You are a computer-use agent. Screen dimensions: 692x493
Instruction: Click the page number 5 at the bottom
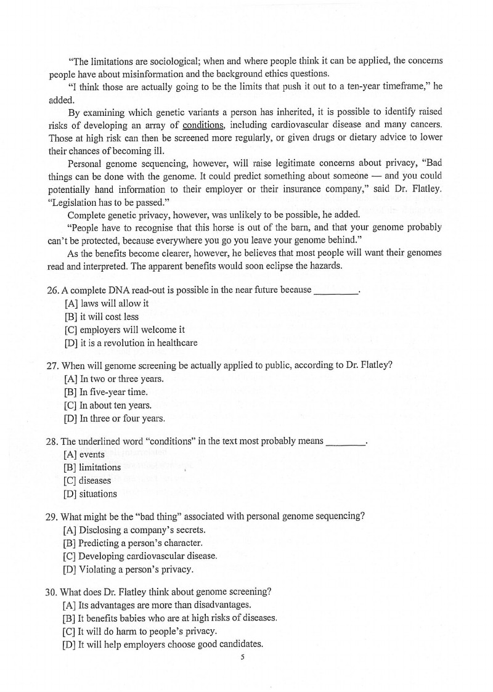pyautogui.click(x=243, y=657)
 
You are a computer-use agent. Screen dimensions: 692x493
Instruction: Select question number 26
pyautogui.click(x=52, y=290)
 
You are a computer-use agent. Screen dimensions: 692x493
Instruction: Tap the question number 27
pyautogui.click(x=52, y=365)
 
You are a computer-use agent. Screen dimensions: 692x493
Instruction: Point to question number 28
pyautogui.click(x=52, y=441)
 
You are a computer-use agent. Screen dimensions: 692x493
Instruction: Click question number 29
pyautogui.click(x=52, y=517)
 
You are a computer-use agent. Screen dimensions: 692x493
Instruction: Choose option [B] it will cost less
pyautogui.click(x=102, y=317)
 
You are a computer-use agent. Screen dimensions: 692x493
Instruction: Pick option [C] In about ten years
pyautogui.click(x=107, y=405)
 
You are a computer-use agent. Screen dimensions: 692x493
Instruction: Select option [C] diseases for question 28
pyautogui.click(x=88, y=481)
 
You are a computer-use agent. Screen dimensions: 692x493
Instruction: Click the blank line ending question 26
pyautogui.click(x=336, y=291)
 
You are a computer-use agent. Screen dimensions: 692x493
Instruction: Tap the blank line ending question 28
pyautogui.click(x=344, y=442)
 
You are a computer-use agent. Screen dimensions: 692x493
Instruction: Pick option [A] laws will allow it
pyautogui.click(x=106, y=304)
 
